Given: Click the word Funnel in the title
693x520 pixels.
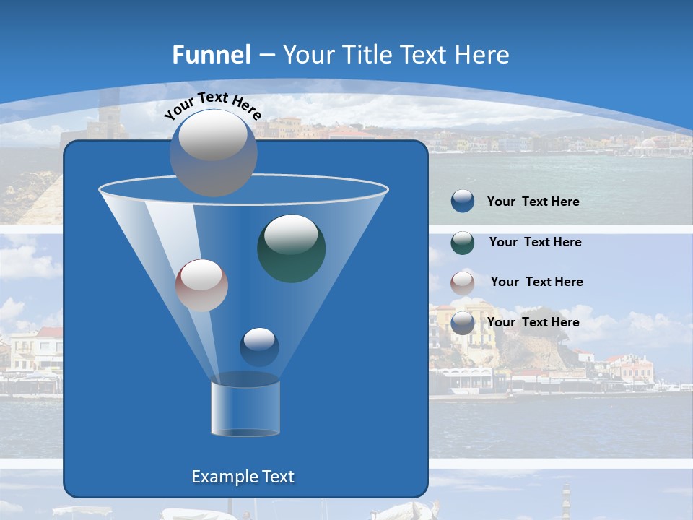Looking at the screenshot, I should pyautogui.click(x=212, y=55).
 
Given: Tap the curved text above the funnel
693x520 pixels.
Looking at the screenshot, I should pyautogui.click(x=212, y=104).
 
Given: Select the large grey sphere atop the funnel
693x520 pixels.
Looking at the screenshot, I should pyautogui.click(x=213, y=152).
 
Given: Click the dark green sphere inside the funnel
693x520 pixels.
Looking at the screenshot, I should pyautogui.click(x=291, y=248).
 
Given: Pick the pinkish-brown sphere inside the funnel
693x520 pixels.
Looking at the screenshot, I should pyautogui.click(x=201, y=285).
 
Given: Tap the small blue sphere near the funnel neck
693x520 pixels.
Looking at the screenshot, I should pyautogui.click(x=259, y=347).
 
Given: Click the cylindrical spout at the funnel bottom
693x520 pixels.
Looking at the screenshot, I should pyautogui.click(x=245, y=408).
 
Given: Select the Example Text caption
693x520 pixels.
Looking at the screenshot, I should pyautogui.click(x=243, y=477).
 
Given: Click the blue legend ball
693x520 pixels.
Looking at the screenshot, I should pyautogui.click(x=463, y=201).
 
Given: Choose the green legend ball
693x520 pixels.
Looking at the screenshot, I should pyautogui.click(x=463, y=242).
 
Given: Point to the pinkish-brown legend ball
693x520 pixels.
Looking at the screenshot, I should pyautogui.click(x=463, y=282).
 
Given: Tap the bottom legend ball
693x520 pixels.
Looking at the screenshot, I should pyautogui.click(x=463, y=322).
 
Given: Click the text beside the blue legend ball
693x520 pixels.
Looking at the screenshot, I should pyautogui.click(x=533, y=201).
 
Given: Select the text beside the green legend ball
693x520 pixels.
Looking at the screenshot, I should pyautogui.click(x=535, y=242).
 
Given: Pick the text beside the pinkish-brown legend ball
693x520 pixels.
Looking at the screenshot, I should pyautogui.click(x=536, y=282).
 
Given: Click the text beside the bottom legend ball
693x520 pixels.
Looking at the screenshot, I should pyautogui.click(x=533, y=322).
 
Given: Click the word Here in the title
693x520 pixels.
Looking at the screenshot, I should pyautogui.click(x=483, y=55).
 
